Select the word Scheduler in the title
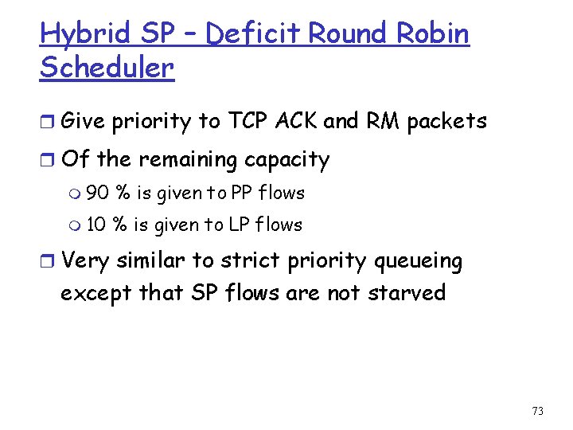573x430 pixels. [107, 68]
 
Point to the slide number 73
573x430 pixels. [537, 411]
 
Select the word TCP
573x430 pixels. [249, 121]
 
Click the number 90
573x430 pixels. [98, 193]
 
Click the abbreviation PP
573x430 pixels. [241, 193]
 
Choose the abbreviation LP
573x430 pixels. [240, 225]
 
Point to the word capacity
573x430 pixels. [286, 161]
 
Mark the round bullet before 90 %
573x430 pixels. [76, 193]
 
